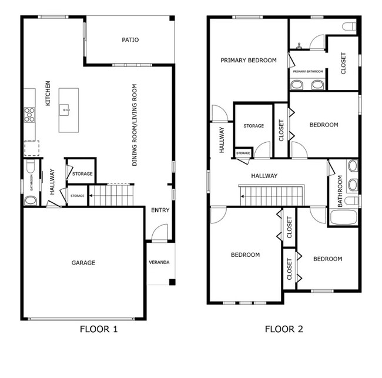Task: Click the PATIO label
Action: coord(130,40)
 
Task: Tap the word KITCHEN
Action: coord(48,93)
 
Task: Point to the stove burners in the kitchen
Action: coord(29,114)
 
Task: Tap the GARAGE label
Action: coord(83,263)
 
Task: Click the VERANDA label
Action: coord(159,262)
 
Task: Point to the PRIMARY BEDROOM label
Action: coord(249,60)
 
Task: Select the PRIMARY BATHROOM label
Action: coord(308,72)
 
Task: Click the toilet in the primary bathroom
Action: coord(351,26)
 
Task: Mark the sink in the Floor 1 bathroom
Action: coord(29,200)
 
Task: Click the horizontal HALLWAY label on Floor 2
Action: coord(264,176)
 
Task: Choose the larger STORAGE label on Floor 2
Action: coord(254,126)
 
